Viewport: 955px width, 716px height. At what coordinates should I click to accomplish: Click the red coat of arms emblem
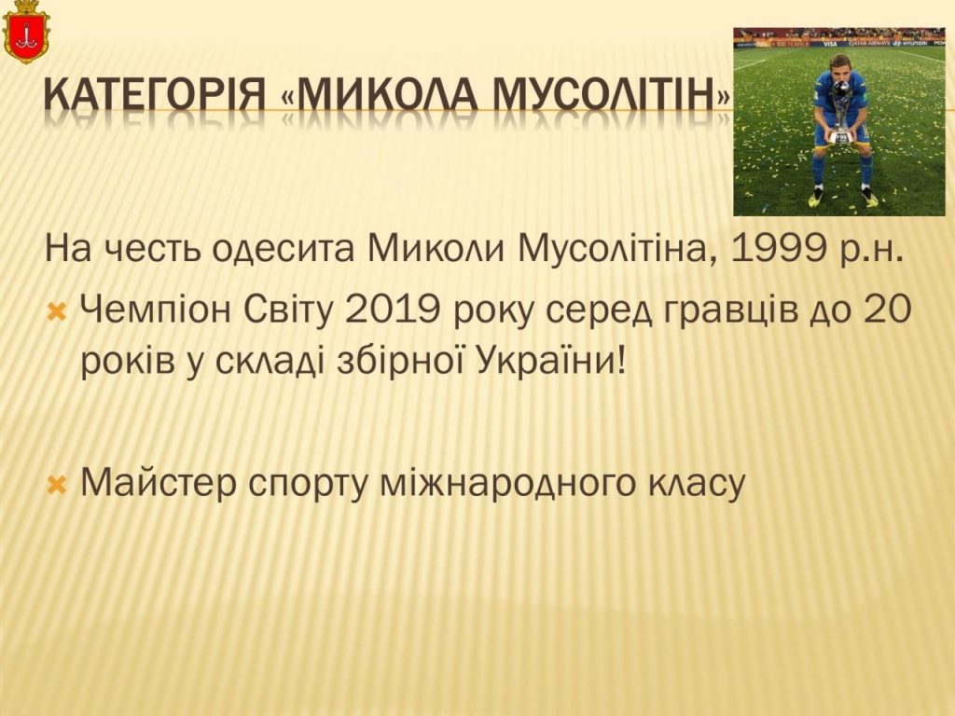point(25,32)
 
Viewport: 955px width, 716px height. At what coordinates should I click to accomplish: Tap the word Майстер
point(159,483)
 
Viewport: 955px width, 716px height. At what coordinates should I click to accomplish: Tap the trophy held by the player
point(841,115)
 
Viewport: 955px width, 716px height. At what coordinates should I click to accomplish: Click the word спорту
point(308,485)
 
